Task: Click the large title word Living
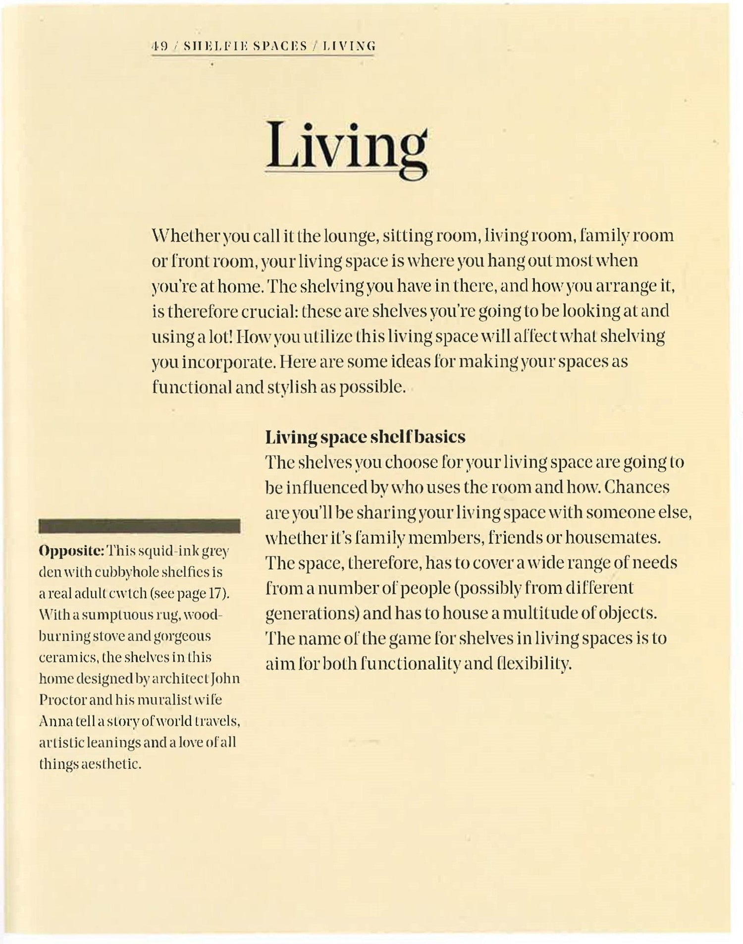pyautogui.click(x=346, y=146)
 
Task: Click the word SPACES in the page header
pyautogui.click(x=279, y=47)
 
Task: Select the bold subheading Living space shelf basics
pyautogui.click(x=365, y=437)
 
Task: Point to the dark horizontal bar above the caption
pyautogui.click(x=139, y=526)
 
